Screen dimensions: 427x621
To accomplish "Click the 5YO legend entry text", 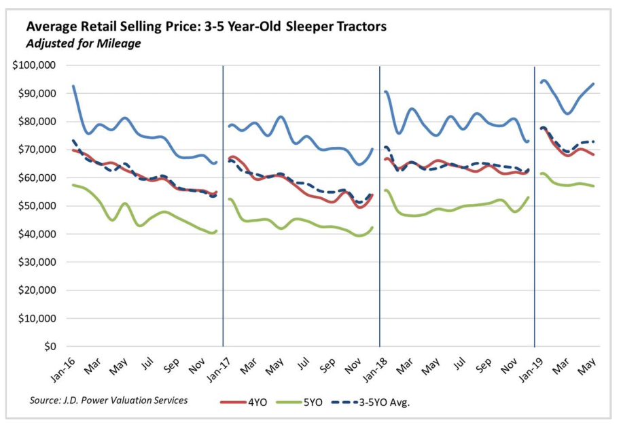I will pos(314,401).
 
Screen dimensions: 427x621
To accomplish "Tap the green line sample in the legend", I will pos(288,402).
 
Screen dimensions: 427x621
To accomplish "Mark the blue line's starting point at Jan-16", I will pos(73,86).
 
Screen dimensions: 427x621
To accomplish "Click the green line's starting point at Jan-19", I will pos(542,173).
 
